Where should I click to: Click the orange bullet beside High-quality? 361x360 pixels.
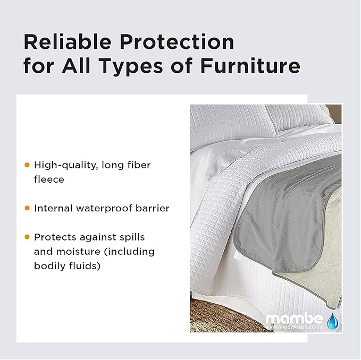(27, 165)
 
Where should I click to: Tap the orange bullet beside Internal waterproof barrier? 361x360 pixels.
(27, 208)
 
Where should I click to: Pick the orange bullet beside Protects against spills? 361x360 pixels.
(27, 237)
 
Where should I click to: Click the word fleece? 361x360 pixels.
(49, 179)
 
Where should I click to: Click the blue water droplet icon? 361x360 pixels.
(333, 320)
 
